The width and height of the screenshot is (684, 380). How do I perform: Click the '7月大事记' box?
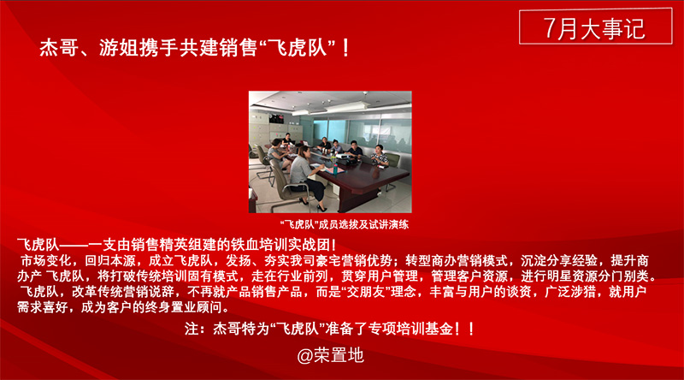tap(595, 27)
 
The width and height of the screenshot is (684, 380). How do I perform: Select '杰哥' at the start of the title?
tap(59, 48)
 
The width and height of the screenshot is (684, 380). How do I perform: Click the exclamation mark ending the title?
tap(346, 48)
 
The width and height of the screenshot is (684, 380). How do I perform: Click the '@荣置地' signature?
tap(330, 355)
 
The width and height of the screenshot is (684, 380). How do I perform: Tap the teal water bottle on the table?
tap(335, 168)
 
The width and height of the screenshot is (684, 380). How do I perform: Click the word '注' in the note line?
tap(192, 329)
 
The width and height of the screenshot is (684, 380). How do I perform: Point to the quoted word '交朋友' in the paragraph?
tap(365, 291)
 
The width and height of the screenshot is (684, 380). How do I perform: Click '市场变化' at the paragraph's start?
tap(46, 261)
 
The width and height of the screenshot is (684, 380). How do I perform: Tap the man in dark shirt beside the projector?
tap(355, 150)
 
